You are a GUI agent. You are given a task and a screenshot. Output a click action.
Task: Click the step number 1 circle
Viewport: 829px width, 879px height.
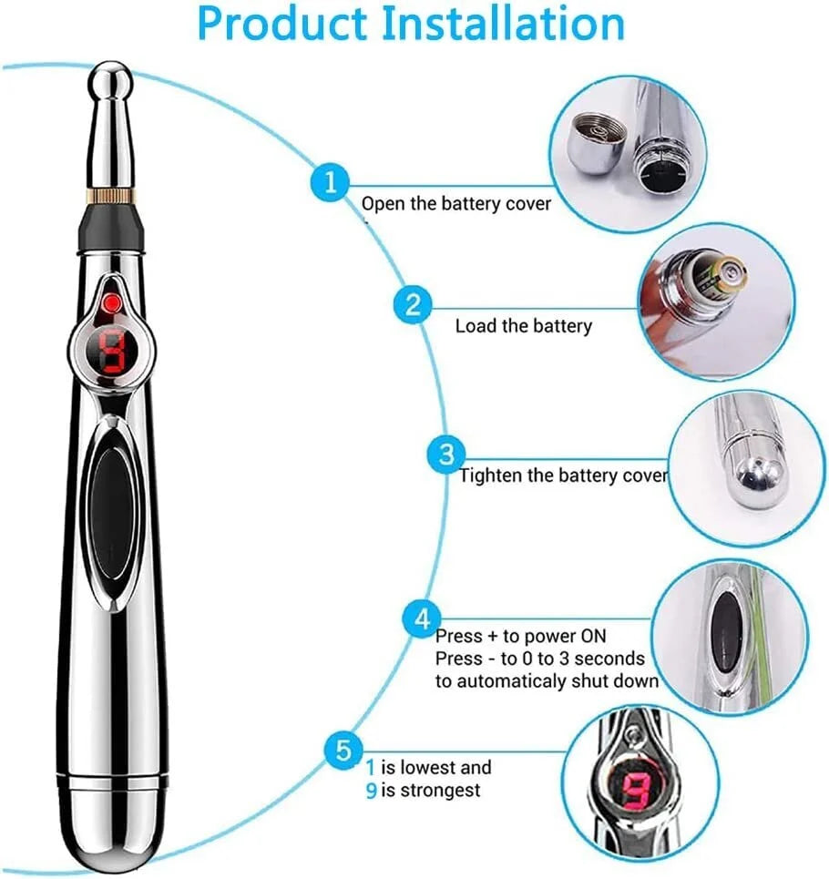click(331, 182)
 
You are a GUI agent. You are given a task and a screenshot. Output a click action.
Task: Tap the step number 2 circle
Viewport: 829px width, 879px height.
click(413, 304)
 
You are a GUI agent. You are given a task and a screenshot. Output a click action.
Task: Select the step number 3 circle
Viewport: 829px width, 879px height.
click(446, 455)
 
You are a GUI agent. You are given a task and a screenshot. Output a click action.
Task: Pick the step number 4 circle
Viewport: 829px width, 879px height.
click(422, 618)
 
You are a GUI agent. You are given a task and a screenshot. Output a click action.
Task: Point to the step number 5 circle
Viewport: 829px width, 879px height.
click(343, 750)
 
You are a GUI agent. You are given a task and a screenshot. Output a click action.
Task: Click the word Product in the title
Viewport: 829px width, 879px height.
click(281, 24)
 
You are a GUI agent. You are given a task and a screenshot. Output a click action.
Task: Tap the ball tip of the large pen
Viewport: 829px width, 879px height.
click(110, 82)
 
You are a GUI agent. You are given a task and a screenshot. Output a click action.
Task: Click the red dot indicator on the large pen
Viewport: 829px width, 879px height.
click(113, 303)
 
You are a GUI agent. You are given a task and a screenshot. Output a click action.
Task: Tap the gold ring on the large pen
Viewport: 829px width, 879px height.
click(111, 196)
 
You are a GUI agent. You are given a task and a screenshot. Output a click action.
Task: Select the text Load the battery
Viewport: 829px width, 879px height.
click(524, 326)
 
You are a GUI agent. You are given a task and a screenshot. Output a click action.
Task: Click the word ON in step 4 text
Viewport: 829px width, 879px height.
click(593, 636)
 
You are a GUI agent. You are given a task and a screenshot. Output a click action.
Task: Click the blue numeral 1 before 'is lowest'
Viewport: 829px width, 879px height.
click(370, 767)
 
